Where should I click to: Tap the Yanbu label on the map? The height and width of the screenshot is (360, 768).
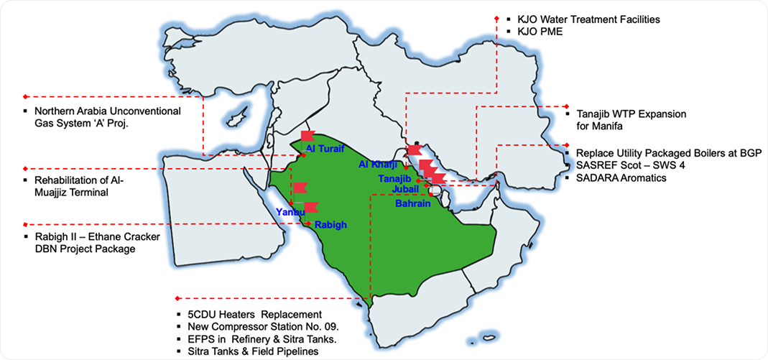pos(290,212)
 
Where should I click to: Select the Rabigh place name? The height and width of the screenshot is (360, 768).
pos(330,225)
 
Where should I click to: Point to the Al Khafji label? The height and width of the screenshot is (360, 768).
pos(378,165)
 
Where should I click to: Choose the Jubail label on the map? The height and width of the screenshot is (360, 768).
pos(406,188)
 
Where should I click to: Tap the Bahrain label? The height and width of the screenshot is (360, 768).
pos(413,203)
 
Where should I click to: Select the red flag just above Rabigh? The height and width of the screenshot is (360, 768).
pos(311,208)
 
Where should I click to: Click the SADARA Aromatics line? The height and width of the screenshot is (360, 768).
pos(621,177)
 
